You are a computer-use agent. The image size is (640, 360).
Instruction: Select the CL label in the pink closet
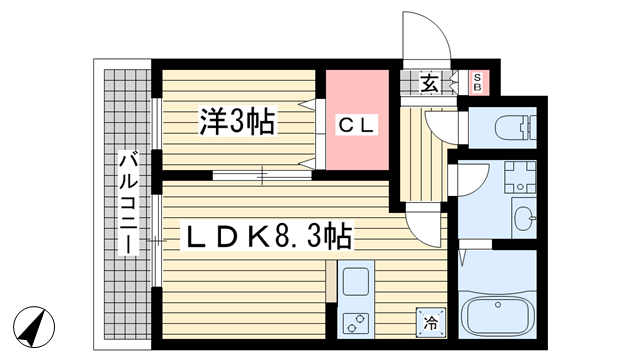(355, 126)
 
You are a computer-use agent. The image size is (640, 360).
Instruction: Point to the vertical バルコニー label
(129, 200)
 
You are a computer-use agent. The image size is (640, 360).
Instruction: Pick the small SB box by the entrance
(477, 82)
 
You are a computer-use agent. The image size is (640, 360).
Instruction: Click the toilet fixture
(499, 127)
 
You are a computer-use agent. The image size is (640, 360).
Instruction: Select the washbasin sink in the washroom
(523, 215)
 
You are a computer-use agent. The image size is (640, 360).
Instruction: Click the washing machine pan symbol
(520, 177)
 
